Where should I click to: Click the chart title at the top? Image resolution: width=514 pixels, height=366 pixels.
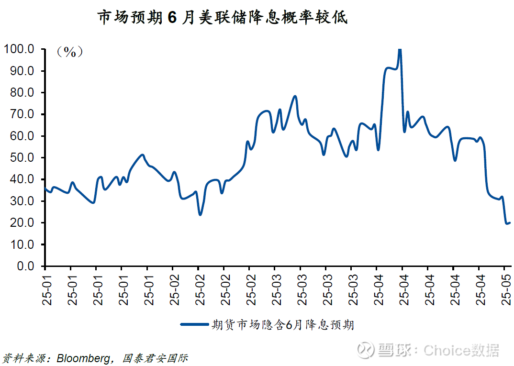pyautogui.click(x=223, y=18)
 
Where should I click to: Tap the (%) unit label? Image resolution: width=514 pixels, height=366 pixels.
pyautogui.click(x=70, y=52)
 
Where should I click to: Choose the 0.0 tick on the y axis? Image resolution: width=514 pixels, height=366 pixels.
pyautogui.click(x=24, y=266)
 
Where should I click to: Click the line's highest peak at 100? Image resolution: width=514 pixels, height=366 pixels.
pyautogui.click(x=400, y=49)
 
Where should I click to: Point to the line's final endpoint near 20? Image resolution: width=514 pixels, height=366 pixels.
pyautogui.click(x=510, y=222)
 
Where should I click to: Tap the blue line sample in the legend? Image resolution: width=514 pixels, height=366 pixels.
pyautogui.click(x=195, y=324)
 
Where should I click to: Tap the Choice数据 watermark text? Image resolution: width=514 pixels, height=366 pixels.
pyautogui.click(x=461, y=350)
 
